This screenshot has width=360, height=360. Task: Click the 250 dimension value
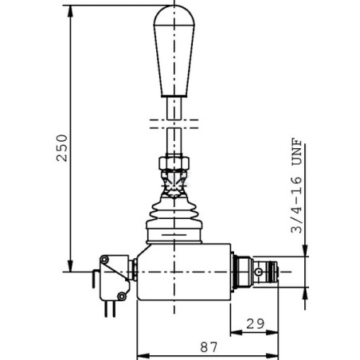pyautogui.click(x=62, y=148)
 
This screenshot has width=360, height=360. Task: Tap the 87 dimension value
pyautogui.click(x=209, y=347)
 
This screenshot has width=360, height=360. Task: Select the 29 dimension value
pyautogui.click(x=256, y=323)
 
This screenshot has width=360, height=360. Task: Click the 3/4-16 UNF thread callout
pyautogui.click(x=296, y=186)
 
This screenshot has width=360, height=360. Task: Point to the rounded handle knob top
pyautogui.click(x=174, y=15)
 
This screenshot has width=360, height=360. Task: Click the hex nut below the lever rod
pyautogui.click(x=174, y=163)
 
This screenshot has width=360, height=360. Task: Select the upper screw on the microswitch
pyautogui.click(x=104, y=259)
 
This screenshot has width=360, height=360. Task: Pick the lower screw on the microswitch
pyautogui.click(x=122, y=295)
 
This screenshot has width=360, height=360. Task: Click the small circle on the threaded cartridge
pyautogui.click(x=258, y=272)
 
